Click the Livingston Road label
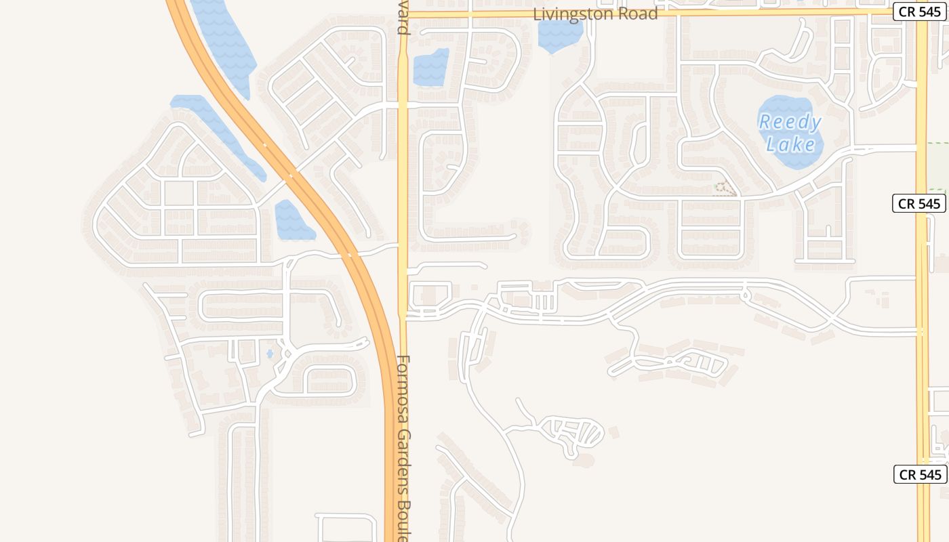595,14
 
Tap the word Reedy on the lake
790,123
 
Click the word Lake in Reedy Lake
790,144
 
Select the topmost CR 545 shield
918,12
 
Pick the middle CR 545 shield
918,203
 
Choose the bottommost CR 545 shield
920,474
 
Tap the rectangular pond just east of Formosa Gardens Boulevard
431,68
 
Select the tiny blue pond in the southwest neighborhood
270,354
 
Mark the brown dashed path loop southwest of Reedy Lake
725,189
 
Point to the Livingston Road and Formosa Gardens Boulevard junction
403,13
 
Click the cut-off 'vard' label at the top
403,20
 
